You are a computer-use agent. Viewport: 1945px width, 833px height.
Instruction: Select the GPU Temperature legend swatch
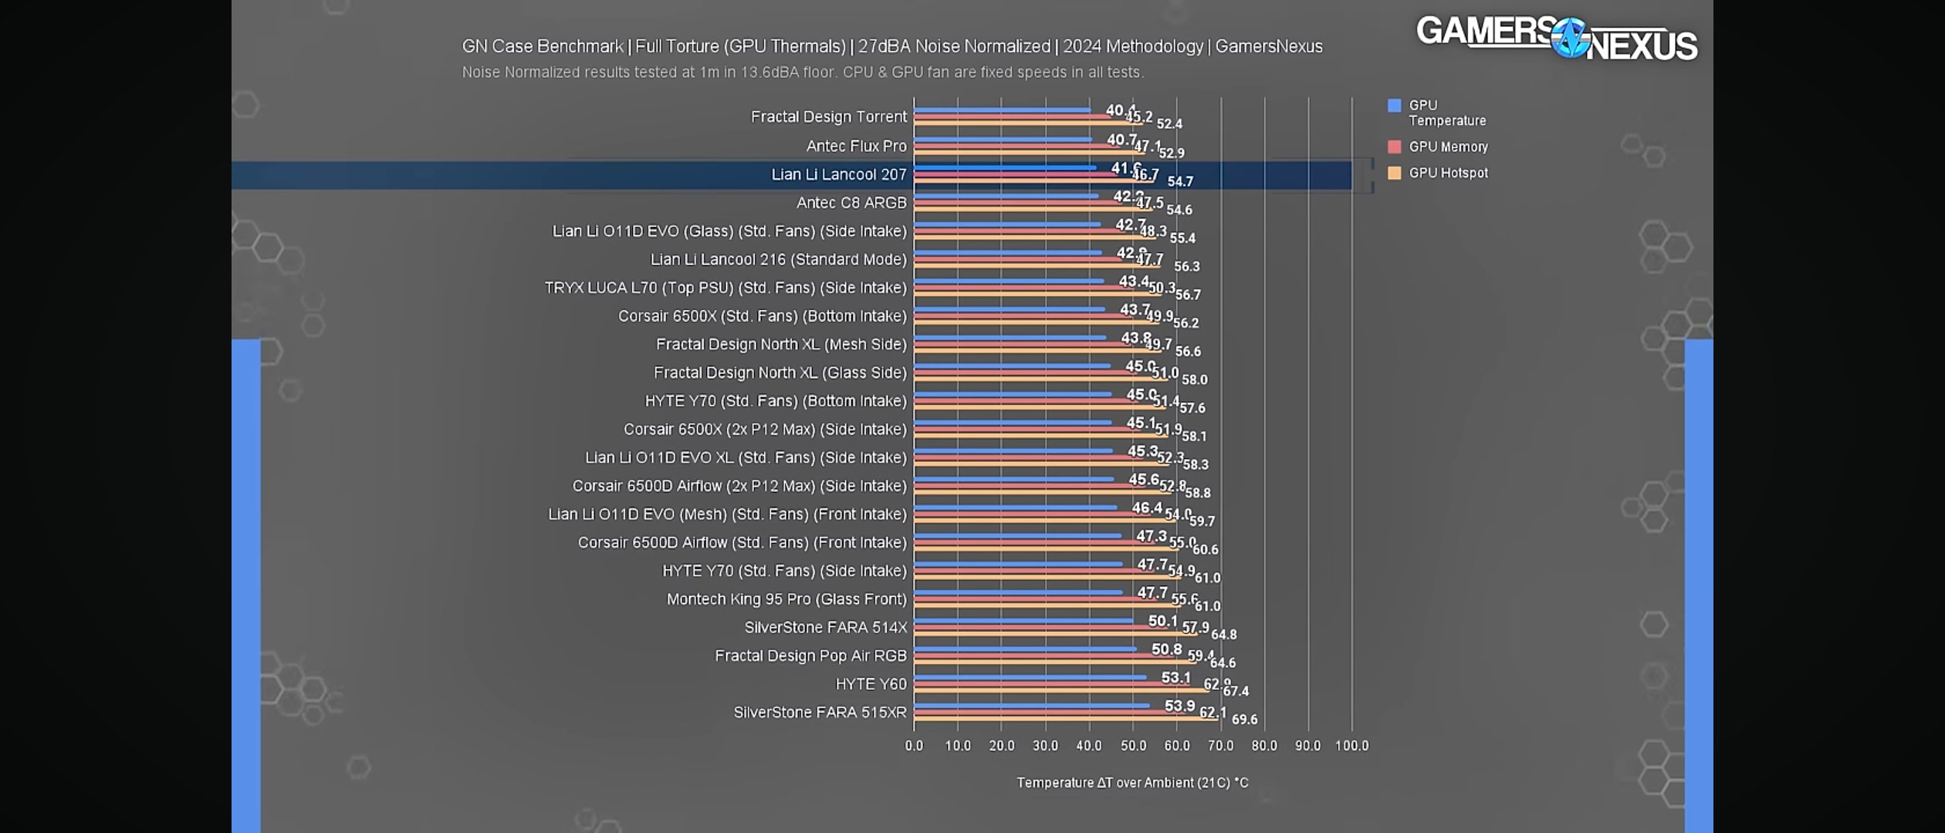click(1394, 106)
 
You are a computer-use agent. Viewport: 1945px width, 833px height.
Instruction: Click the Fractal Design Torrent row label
click(828, 116)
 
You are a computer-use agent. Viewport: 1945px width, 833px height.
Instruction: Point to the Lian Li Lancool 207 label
click(838, 174)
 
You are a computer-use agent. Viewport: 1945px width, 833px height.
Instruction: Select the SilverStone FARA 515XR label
click(820, 712)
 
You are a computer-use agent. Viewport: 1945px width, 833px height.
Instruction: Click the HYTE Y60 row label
click(871, 684)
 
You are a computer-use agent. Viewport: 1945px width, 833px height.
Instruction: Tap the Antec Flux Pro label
click(856, 146)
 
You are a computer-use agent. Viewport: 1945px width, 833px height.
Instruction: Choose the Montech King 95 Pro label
click(786, 599)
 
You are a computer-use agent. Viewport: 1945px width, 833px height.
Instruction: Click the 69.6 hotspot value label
click(1244, 720)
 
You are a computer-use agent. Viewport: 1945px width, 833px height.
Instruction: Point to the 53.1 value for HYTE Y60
click(1175, 677)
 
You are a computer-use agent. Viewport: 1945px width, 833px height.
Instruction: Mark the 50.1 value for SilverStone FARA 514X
click(1162, 621)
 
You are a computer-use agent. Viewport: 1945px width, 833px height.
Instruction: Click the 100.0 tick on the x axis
click(1351, 746)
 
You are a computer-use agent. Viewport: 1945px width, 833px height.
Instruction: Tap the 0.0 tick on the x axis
click(914, 746)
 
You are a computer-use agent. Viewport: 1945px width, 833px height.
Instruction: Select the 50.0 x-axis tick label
click(1133, 746)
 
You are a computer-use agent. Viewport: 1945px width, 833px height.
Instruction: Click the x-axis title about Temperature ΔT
click(1131, 782)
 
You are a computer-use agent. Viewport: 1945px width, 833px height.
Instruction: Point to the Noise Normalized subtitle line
click(803, 73)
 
